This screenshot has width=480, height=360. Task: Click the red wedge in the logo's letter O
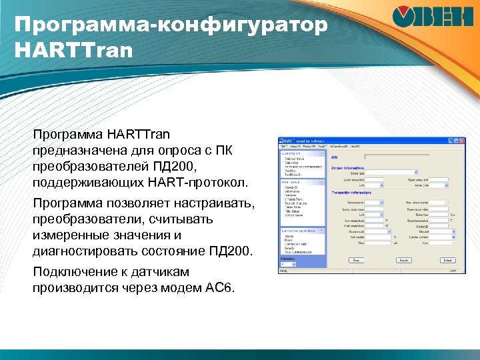click(402, 15)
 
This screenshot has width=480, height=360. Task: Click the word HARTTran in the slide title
click(73, 49)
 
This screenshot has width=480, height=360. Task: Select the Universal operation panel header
click(302, 230)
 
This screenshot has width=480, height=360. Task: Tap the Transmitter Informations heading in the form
click(353, 192)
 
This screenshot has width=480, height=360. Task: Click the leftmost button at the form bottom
click(356, 260)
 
